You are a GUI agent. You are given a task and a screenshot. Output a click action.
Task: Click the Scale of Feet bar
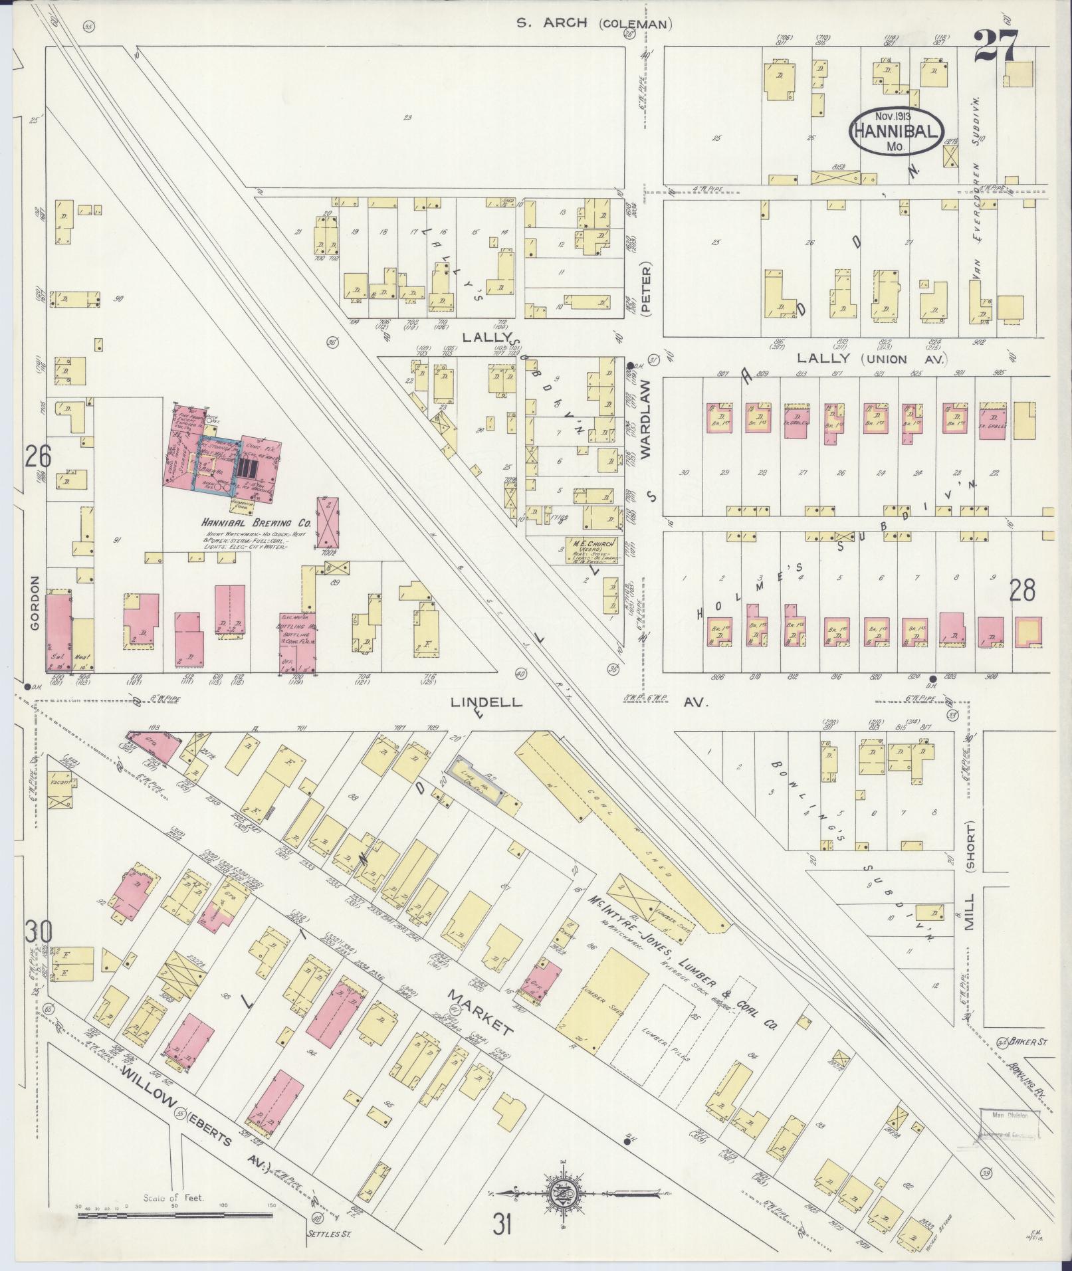(x=175, y=1216)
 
